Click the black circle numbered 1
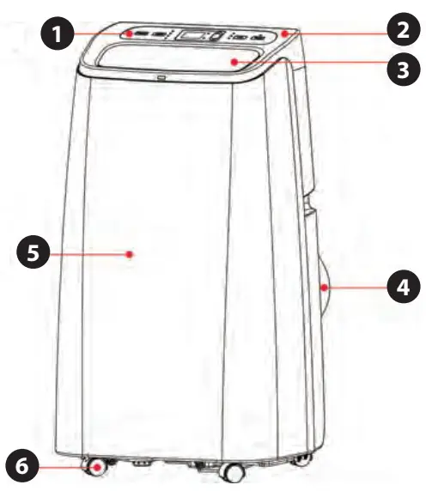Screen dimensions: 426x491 pos(58,33)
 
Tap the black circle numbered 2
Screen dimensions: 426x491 pos(403,30)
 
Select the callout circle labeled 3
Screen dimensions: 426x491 pos(403,69)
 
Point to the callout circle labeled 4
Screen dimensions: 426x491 pos(403,287)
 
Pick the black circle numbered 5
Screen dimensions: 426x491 pos(33,252)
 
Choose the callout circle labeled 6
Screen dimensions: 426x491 pos(22,466)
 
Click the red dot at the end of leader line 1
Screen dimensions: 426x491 pos(130,33)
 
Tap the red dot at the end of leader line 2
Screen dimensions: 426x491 pos(284,33)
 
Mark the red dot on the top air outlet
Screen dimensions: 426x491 pos(234,62)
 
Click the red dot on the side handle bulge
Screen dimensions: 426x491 pos(324,287)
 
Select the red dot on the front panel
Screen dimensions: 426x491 pos(130,254)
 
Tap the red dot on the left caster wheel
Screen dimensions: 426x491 pos(98,468)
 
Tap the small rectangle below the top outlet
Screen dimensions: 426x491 pos(161,77)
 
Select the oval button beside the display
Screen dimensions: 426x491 pos(216,35)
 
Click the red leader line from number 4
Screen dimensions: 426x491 pos(356,287)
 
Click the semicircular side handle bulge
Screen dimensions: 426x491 pos(325,288)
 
